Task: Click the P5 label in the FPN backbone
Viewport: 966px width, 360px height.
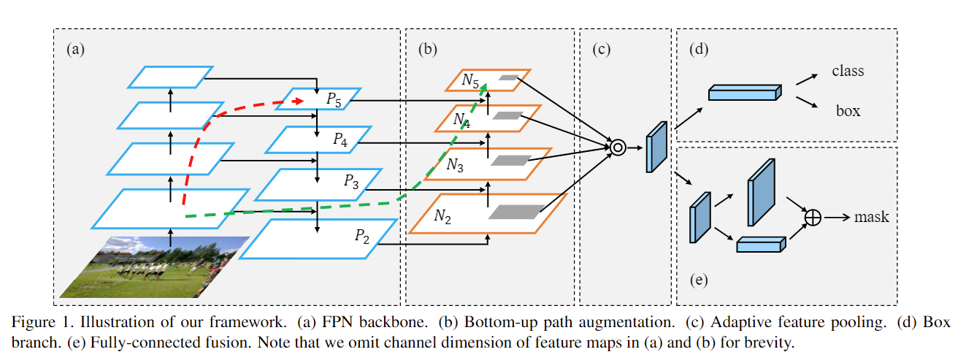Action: coord(334,100)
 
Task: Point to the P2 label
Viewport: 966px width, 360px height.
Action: coord(362,235)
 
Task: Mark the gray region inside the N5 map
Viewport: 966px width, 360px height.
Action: coord(508,77)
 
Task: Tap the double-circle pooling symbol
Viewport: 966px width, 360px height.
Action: coord(618,148)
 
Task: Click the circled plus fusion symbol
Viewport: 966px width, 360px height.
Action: coord(813,217)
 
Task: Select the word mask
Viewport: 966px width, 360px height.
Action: coord(871,217)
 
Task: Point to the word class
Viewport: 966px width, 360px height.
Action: coord(848,71)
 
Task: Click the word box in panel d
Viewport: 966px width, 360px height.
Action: coord(848,111)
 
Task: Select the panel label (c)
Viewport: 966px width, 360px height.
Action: coord(602,50)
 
